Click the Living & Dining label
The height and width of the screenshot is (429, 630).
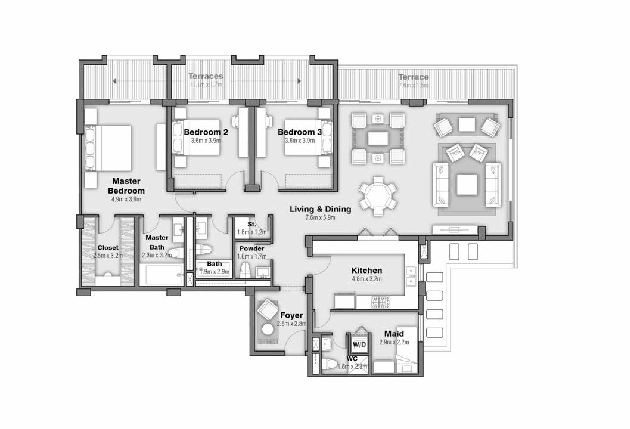coord(320,209)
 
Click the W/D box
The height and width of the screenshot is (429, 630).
coord(359,344)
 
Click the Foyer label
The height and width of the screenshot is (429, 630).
coord(291,315)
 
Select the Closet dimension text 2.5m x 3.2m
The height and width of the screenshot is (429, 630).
coord(108,255)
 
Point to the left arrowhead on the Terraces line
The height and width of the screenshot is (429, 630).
coord(115,81)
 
